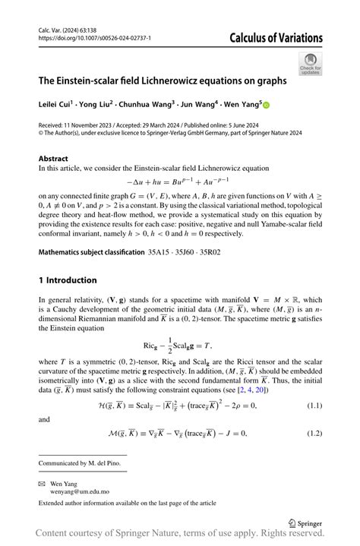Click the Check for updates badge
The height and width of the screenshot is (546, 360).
310,64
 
